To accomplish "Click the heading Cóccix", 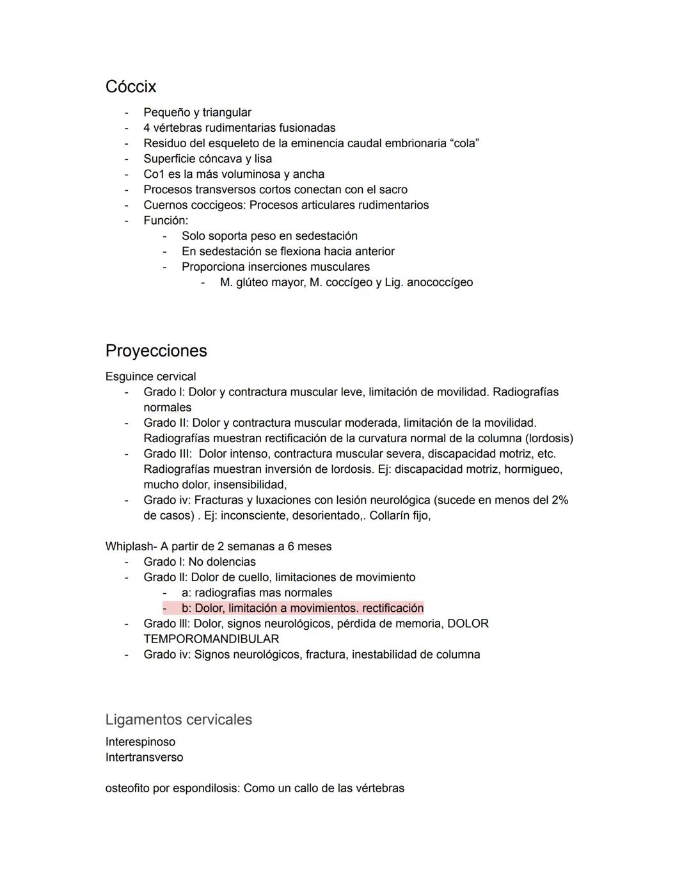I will pos(131,86).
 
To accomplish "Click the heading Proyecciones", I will pos(156,351).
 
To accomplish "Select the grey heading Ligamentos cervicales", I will pos(179,719).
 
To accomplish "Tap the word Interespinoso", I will pos(140,742).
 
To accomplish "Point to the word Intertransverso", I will pos(144,757).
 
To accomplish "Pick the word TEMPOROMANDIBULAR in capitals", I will pos(211,639).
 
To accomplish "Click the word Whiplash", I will pos(130,547).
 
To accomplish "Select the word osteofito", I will pos(127,788).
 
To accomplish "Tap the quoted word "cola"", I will pos(465,143).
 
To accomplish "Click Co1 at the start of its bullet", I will pos(154,174).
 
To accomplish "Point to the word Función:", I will pos(166,220).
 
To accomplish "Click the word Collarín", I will pos(391,515).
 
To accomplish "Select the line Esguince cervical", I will pos(150,376).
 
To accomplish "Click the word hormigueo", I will pos(533,469).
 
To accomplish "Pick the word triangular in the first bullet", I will pos(226,113).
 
